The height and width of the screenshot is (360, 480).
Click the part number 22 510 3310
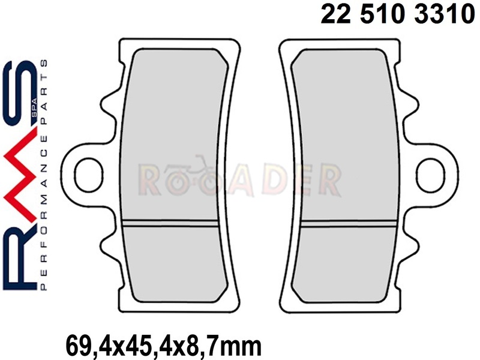pos(397,14)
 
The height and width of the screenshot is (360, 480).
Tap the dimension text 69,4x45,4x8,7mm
pos(164,346)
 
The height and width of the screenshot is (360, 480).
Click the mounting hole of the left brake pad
pos(88,175)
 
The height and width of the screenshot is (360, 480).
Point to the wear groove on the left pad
pos(170,223)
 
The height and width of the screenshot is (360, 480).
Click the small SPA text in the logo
pos(34,107)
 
